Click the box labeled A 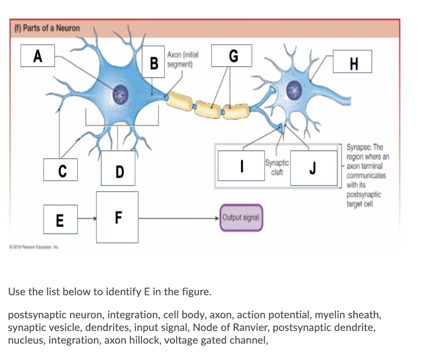[x=38, y=56]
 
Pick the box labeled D [x=118, y=168]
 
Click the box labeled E [x=60, y=219]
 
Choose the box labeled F [x=117, y=217]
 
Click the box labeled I [x=241, y=168]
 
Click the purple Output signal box [x=241, y=217]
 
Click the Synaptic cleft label [x=277, y=167]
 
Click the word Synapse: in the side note [x=359, y=147]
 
